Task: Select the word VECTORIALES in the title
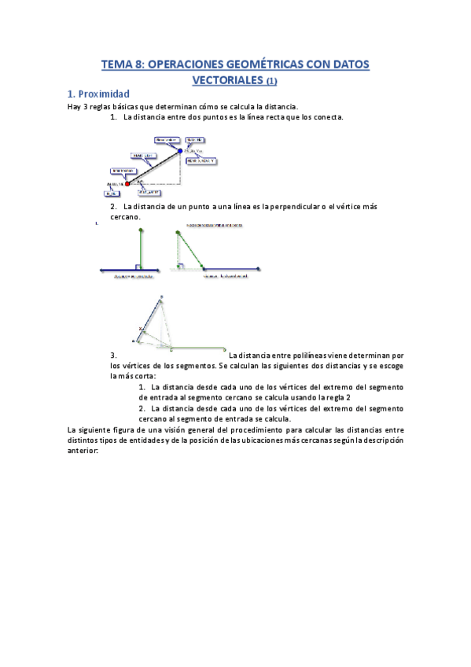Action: tap(228, 79)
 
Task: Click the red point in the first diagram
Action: tap(127, 183)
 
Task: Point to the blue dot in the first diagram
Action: tap(180, 150)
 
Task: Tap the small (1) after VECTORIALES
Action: tap(271, 80)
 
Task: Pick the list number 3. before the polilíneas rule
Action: tap(114, 356)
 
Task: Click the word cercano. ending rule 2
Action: tap(126, 216)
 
